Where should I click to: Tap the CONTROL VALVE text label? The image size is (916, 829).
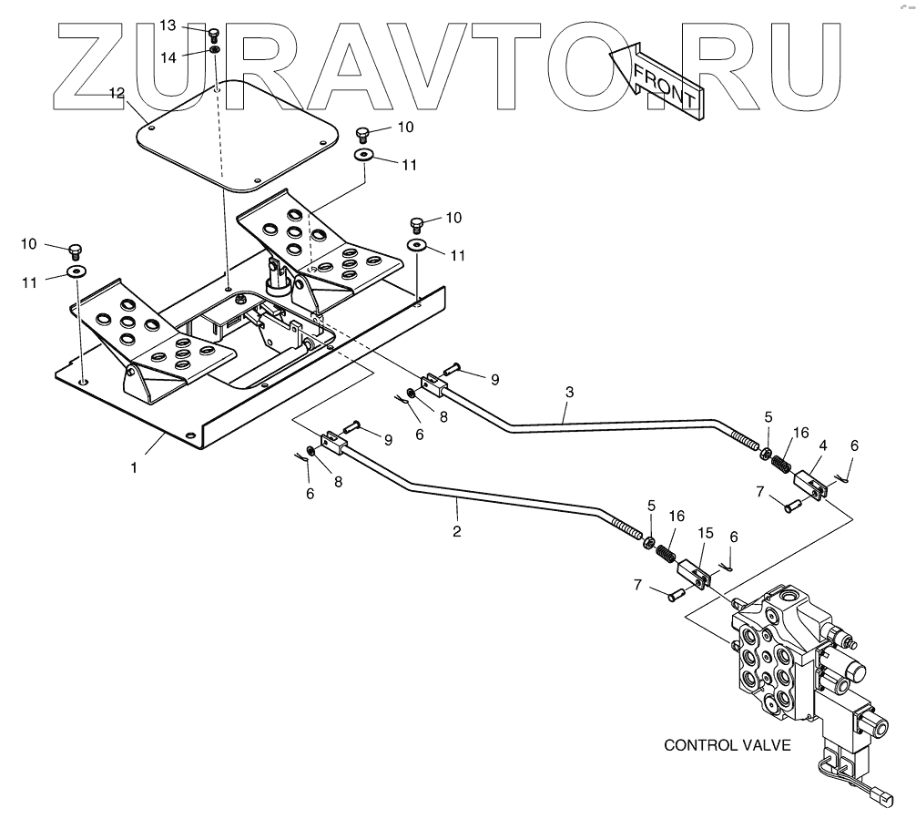click(727, 745)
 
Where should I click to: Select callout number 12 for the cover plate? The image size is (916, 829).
click(117, 93)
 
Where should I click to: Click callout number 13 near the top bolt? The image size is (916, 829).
click(168, 26)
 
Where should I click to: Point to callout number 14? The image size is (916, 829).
click(168, 56)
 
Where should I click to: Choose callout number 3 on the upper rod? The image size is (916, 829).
click(569, 393)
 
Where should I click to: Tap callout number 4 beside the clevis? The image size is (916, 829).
click(822, 446)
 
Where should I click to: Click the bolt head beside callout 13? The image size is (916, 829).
click(214, 34)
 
